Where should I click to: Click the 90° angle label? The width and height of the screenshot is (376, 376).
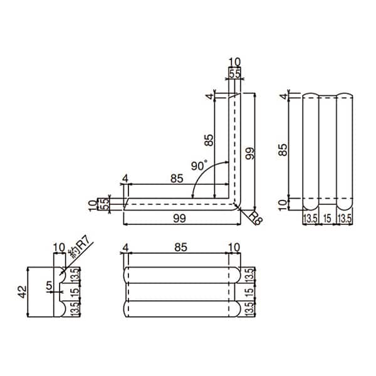click(199, 165)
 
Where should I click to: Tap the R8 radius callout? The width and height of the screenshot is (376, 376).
click(256, 218)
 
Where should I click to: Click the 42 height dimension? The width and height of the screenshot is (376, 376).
click(23, 291)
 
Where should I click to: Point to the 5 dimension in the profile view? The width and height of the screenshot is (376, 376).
click(49, 286)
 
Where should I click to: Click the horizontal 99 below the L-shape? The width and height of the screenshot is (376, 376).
click(179, 219)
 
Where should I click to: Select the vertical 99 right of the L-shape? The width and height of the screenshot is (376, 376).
click(249, 154)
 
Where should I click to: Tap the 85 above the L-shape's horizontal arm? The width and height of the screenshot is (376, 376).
click(177, 179)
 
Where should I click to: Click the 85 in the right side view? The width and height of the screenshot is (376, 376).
click(283, 150)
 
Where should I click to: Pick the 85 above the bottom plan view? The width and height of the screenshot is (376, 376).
click(181, 248)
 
